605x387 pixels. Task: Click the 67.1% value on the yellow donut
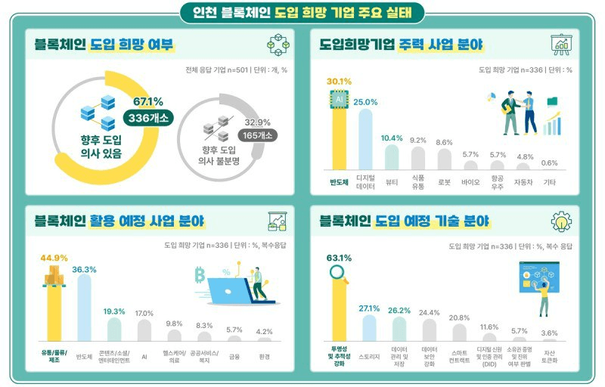click(148, 102)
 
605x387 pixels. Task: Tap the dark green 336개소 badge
click(148, 118)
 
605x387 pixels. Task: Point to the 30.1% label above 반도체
click(339, 81)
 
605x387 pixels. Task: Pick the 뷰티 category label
click(392, 181)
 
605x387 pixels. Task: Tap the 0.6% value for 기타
click(550, 163)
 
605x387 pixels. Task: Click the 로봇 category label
click(445, 181)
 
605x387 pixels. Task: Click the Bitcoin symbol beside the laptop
click(200, 274)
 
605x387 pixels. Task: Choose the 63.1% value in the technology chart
click(340, 257)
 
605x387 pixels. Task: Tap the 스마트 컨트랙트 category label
click(459, 356)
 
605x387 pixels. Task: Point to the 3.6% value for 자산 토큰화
click(550, 333)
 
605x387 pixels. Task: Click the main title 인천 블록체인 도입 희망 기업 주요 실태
click(302, 13)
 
